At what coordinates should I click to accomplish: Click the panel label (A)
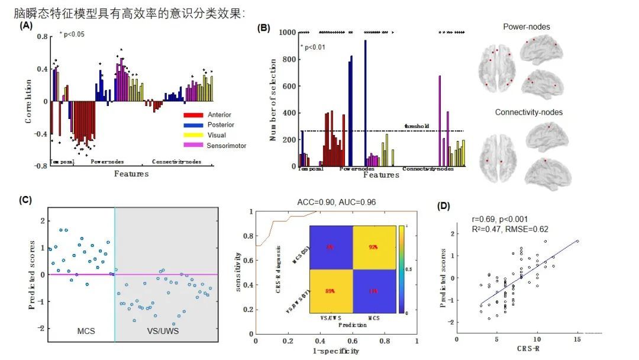click(25, 26)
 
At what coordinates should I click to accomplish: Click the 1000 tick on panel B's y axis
click(288, 33)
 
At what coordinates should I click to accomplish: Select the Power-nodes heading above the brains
click(526, 27)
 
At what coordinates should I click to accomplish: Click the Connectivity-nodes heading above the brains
click(528, 112)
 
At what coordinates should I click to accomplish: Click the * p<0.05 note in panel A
click(72, 34)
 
